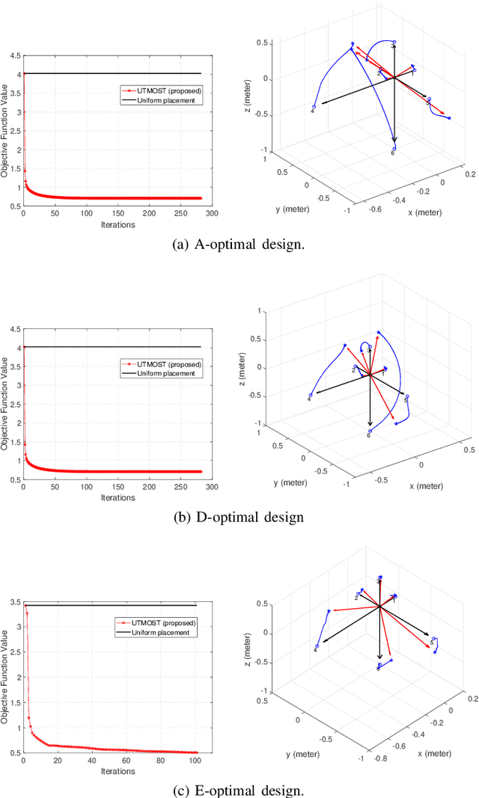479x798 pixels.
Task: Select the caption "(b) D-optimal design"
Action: point(239,517)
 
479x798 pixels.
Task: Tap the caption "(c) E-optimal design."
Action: point(239,788)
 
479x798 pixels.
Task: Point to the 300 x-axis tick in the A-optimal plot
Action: point(212,213)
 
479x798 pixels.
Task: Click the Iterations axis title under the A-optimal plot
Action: point(118,224)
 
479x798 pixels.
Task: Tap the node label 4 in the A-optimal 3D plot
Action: point(312,111)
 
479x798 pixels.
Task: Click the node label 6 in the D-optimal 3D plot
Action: point(368,435)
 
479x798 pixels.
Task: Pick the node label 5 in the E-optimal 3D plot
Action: point(432,641)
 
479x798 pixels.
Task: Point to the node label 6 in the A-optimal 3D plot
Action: point(392,153)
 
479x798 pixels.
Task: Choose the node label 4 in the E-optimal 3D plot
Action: point(315,651)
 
